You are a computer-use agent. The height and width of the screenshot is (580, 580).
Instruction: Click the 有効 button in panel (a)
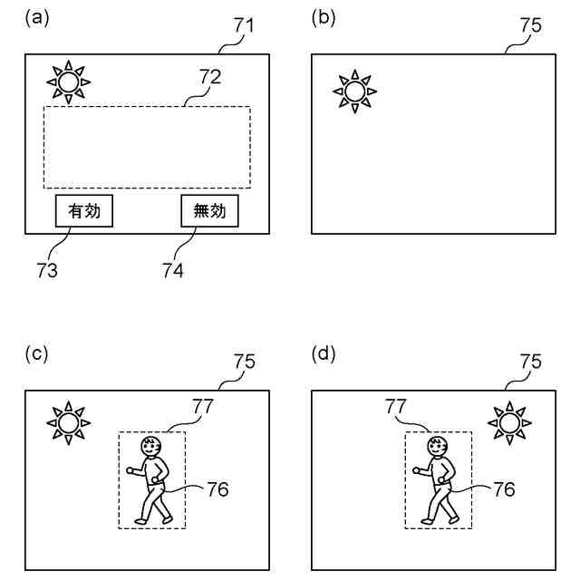click(84, 210)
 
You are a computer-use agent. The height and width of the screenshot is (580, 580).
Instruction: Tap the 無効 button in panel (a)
click(209, 210)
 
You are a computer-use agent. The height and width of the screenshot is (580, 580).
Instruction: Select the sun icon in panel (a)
click(69, 82)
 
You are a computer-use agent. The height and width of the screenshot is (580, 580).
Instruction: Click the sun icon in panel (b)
click(354, 91)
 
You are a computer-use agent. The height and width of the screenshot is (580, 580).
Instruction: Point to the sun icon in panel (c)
click(69, 422)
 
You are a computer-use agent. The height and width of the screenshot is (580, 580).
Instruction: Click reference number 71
click(244, 25)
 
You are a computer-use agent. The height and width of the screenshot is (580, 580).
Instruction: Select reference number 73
click(47, 270)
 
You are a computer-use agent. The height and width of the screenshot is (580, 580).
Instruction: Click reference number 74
click(172, 270)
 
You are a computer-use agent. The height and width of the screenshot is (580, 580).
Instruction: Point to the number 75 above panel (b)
click(530, 25)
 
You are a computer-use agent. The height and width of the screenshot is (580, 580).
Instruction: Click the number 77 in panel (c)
click(202, 405)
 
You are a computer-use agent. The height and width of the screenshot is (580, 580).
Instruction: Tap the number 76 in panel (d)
click(504, 489)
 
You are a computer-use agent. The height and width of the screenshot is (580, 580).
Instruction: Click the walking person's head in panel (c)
click(151, 445)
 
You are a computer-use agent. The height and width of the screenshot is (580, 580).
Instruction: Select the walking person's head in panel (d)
click(439, 445)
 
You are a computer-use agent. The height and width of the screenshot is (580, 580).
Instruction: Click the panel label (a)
click(37, 16)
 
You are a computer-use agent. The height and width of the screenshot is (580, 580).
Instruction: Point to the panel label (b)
click(324, 16)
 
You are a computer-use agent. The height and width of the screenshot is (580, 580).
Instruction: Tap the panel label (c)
click(37, 353)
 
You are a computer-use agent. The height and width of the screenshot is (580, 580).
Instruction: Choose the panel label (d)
click(324, 353)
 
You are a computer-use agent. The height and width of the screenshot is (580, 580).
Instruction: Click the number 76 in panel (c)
click(217, 489)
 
